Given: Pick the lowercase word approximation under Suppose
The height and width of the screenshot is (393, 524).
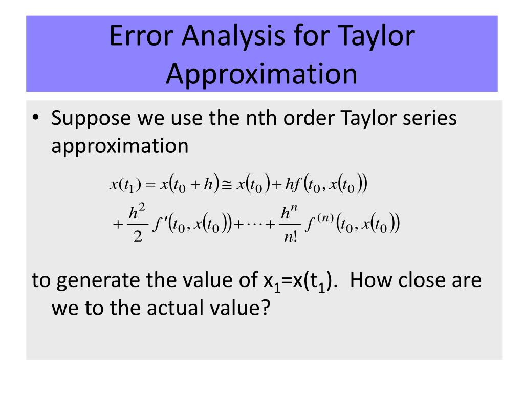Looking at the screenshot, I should tap(120, 146).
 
